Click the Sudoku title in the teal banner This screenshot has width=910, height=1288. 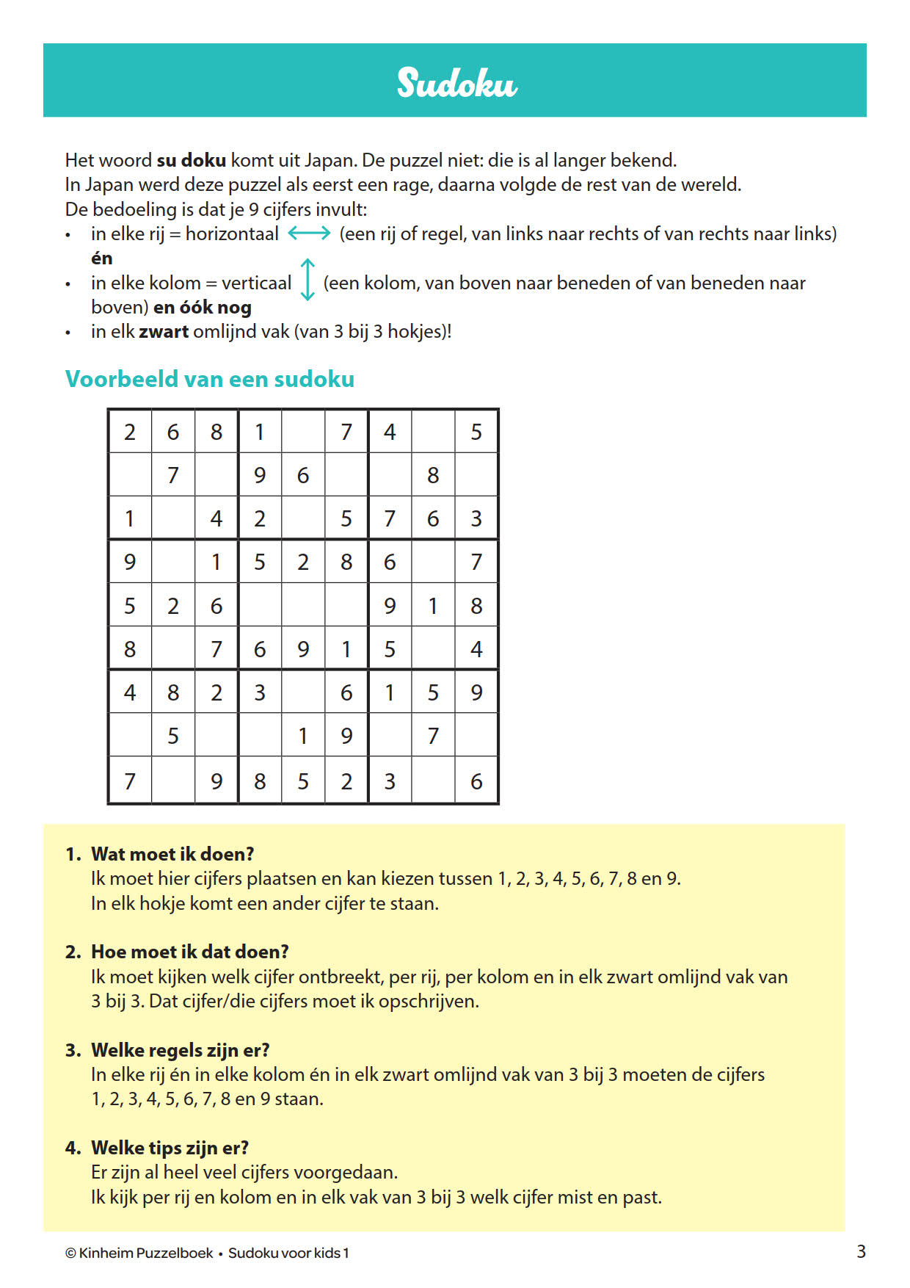click(x=456, y=82)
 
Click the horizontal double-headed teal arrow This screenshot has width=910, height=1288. click(x=309, y=234)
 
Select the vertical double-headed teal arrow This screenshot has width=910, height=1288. click(x=308, y=280)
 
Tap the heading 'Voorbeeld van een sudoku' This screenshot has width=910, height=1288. click(x=210, y=379)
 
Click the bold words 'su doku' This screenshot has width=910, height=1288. click(x=191, y=160)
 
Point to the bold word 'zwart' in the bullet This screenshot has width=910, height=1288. click(x=164, y=331)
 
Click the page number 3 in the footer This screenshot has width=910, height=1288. click(x=861, y=1251)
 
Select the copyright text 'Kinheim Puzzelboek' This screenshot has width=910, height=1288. click(x=145, y=1253)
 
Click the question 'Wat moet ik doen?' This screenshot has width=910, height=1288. click(x=172, y=854)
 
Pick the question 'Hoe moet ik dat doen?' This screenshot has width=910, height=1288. click(x=189, y=952)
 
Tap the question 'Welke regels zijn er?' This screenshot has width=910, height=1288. click(x=180, y=1050)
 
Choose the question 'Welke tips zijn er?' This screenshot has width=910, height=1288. click(x=170, y=1148)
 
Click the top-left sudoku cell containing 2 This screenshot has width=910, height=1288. click(x=130, y=432)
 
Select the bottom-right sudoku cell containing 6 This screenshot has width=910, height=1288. click(x=476, y=781)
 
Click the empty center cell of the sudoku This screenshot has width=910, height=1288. click(x=303, y=606)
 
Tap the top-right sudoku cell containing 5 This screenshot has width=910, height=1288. click(x=476, y=432)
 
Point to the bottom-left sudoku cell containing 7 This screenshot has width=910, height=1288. click(x=130, y=781)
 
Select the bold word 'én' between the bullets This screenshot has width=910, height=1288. click(x=102, y=258)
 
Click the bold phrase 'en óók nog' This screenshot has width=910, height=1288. click(x=203, y=307)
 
